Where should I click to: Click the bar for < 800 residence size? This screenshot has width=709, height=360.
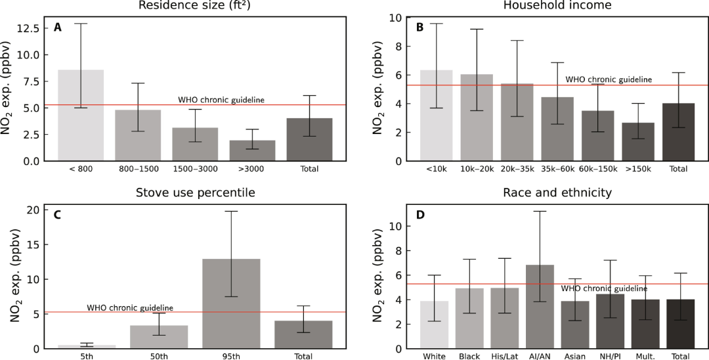coord(81,115)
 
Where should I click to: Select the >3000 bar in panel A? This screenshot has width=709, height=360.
coord(252,150)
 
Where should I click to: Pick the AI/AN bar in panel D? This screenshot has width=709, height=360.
coord(540,306)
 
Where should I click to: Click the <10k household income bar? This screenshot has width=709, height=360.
coord(436,116)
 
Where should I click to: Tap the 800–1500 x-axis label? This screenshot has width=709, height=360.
coord(138,169)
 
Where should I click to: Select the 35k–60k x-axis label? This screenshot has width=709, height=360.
coord(557,169)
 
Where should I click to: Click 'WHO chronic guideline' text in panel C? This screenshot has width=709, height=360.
coord(130,307)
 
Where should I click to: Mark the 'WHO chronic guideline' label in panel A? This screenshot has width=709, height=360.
coord(221,100)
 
